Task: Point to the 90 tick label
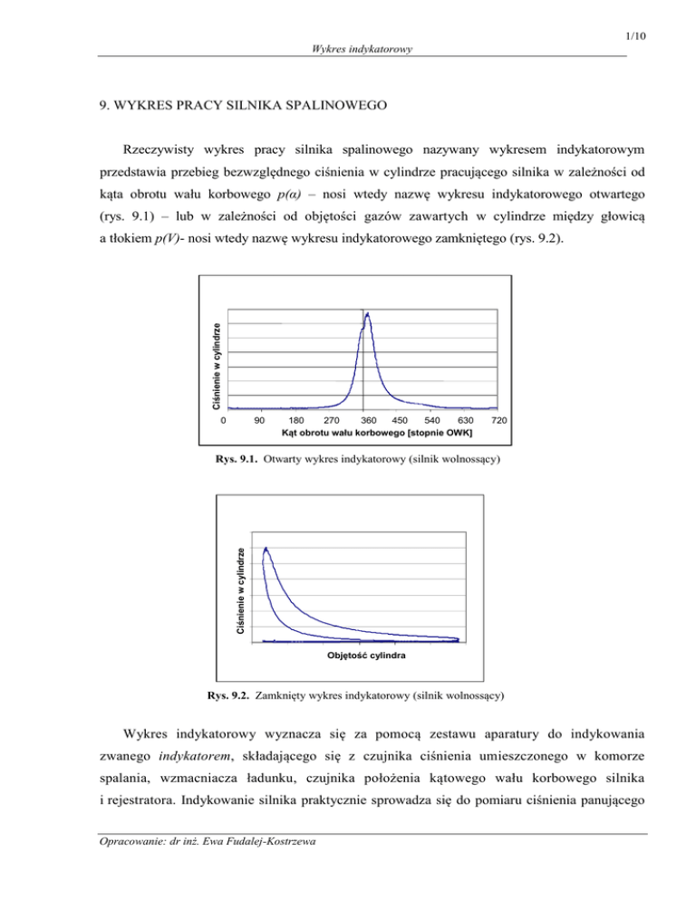click(259, 421)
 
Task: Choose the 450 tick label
click(399, 421)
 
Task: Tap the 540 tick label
click(431, 421)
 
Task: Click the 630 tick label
click(465, 421)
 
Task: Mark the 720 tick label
click(497, 421)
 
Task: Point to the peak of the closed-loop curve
click(266, 548)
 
